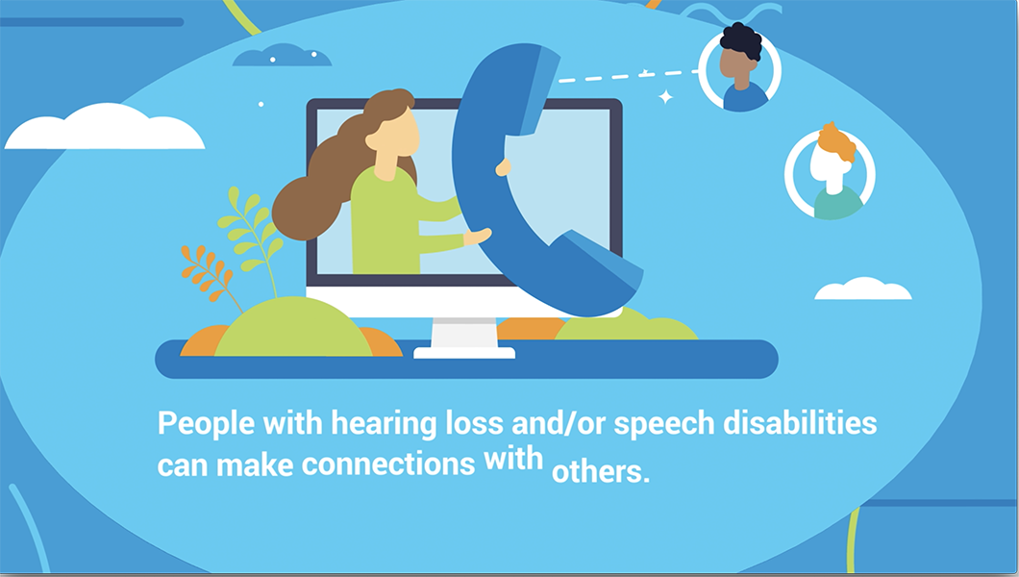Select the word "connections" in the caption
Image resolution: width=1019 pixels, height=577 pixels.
coord(388,464)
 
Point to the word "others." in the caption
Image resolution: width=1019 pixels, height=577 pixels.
coord(601,471)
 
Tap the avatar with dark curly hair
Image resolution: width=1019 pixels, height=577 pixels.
coord(740,68)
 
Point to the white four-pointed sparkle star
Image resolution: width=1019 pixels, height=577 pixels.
coord(665,97)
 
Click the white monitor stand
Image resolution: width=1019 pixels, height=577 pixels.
coord(464,338)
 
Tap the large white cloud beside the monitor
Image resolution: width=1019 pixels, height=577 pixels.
coord(105,127)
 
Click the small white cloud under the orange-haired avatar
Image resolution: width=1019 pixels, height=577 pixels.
coord(863,288)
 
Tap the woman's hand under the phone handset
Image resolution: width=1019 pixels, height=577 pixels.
coord(478,236)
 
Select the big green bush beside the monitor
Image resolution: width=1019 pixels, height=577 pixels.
coord(294,327)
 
